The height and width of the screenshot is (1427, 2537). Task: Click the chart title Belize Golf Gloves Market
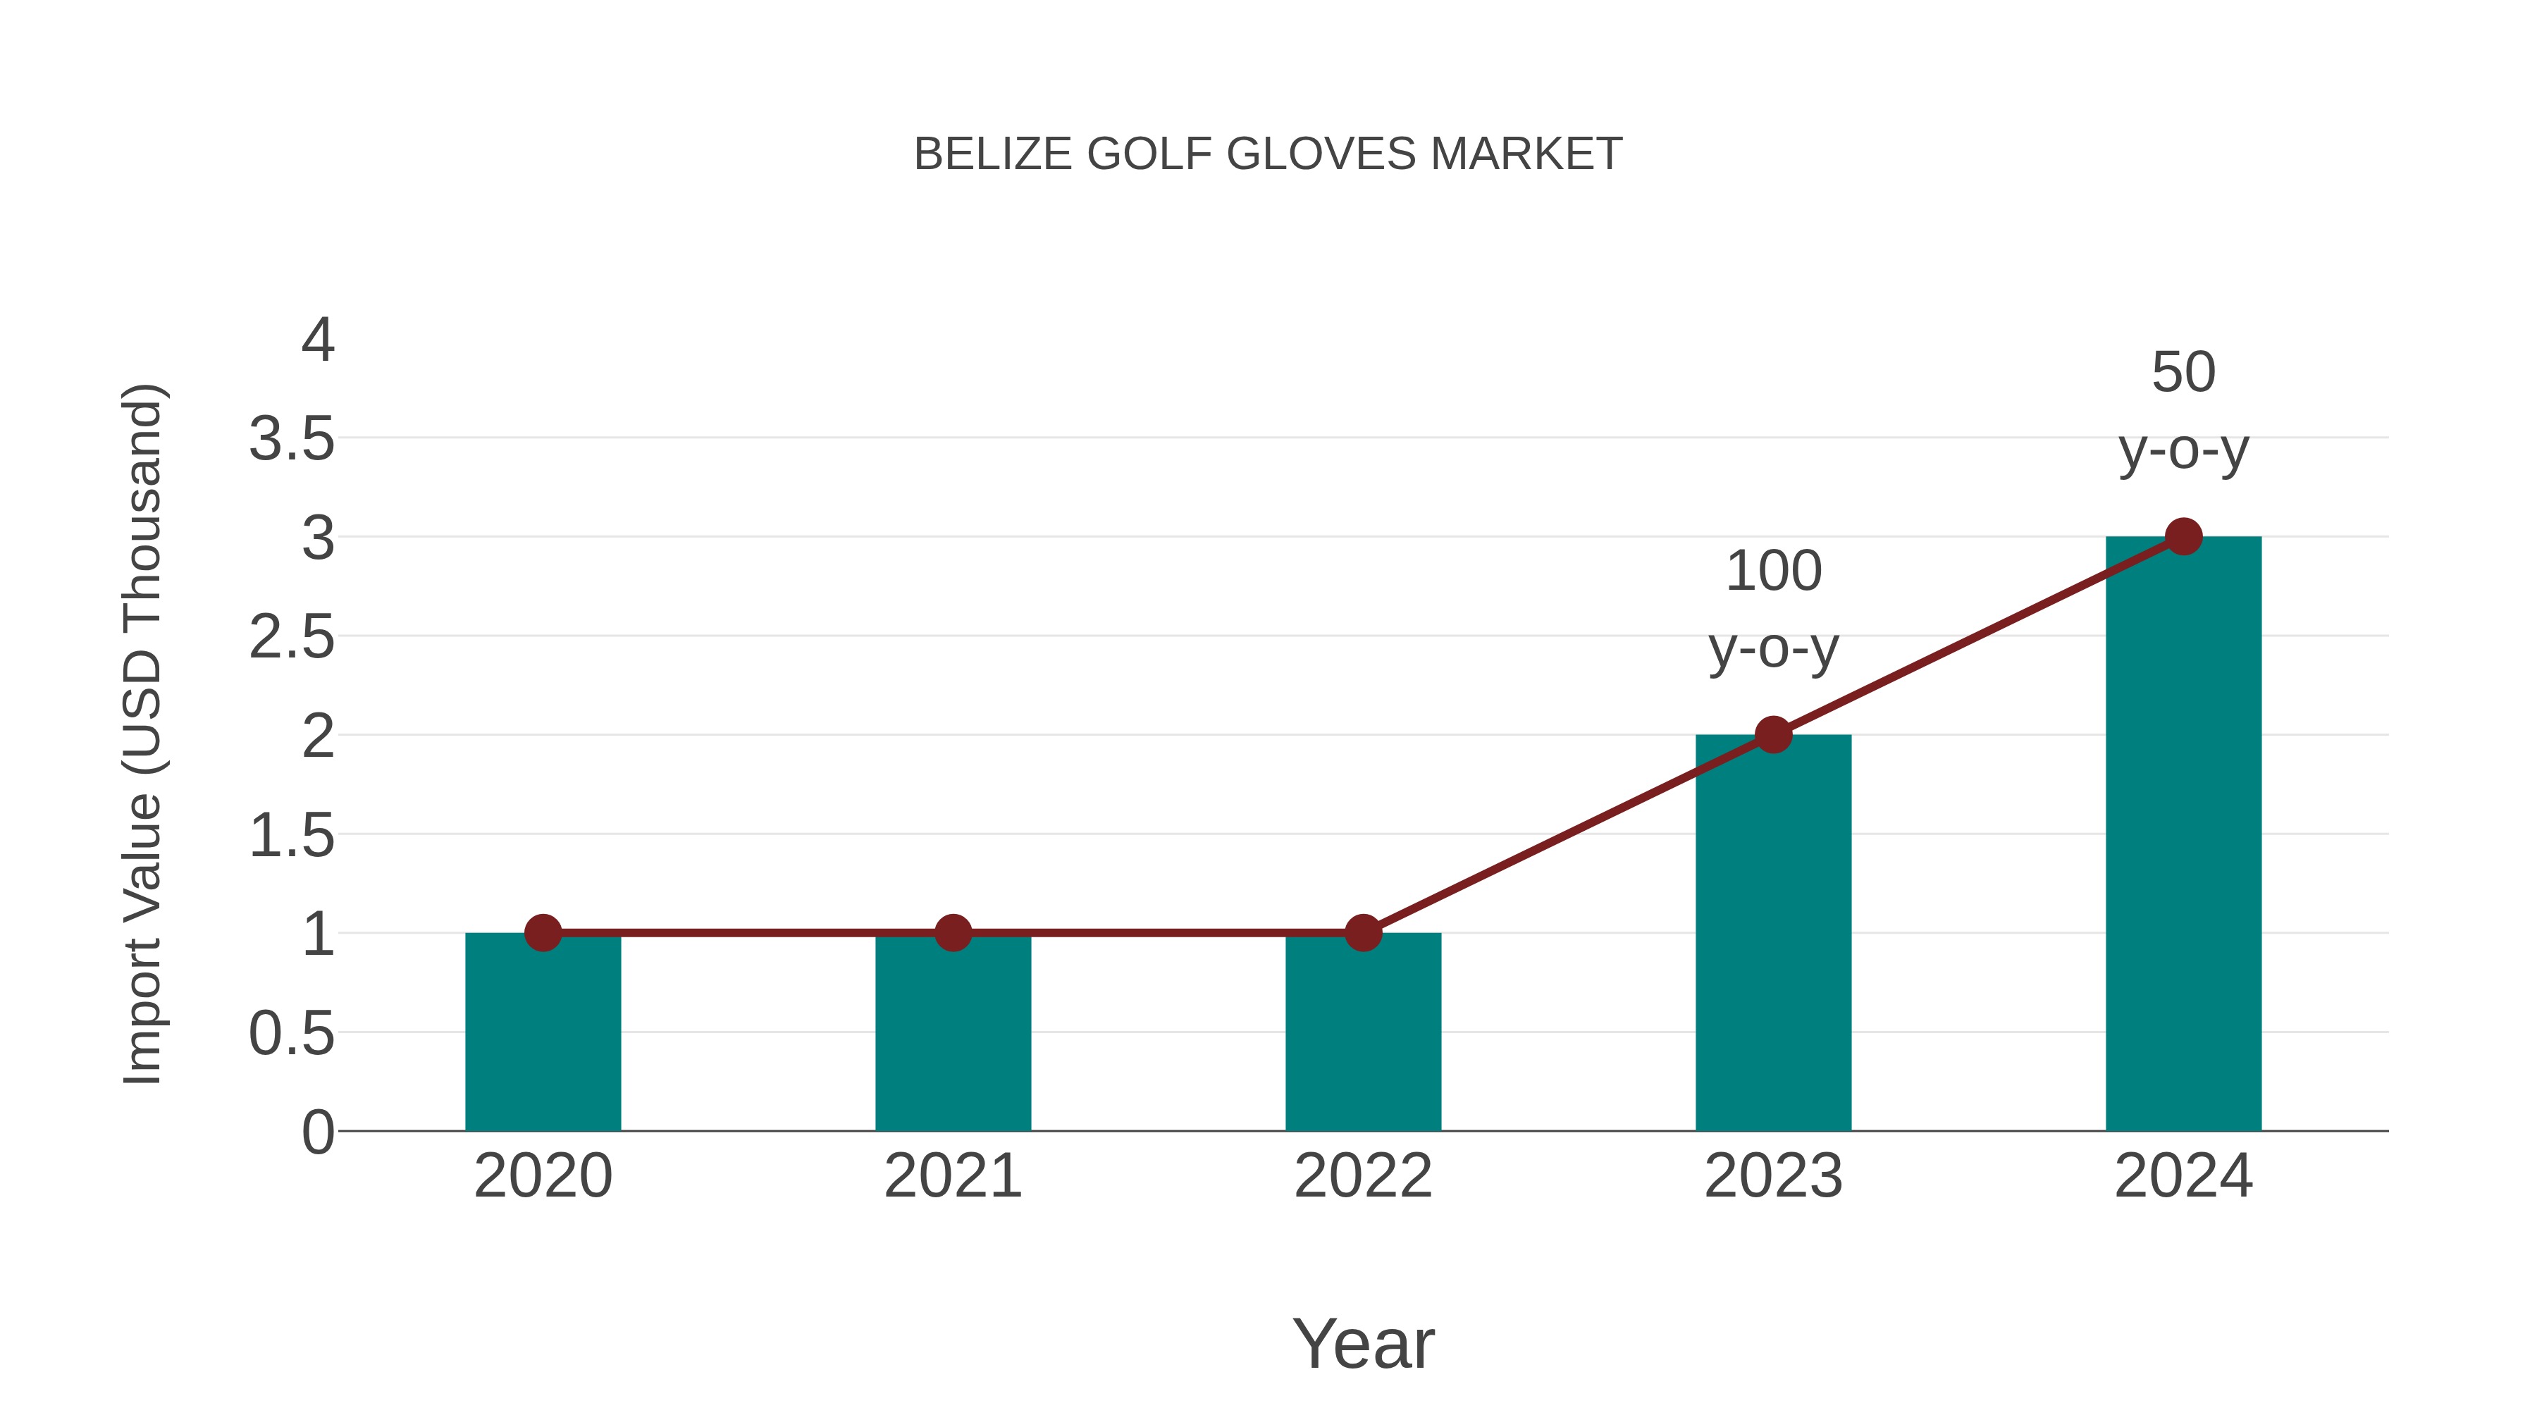[x=1268, y=154]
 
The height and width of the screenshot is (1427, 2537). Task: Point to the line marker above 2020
[x=543, y=932]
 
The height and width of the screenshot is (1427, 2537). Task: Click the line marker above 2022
[x=1363, y=932]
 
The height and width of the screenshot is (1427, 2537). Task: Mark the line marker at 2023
[x=1773, y=735]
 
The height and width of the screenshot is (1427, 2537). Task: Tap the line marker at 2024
[x=2183, y=537]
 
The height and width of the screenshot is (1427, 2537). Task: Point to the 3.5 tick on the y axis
[x=292, y=439]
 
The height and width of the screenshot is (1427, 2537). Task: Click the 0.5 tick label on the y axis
[x=292, y=1034]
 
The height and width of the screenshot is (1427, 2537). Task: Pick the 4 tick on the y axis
[x=318, y=341]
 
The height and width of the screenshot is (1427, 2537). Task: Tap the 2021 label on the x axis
[x=952, y=1176]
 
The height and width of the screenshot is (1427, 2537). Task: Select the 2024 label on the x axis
[x=2183, y=1176]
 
